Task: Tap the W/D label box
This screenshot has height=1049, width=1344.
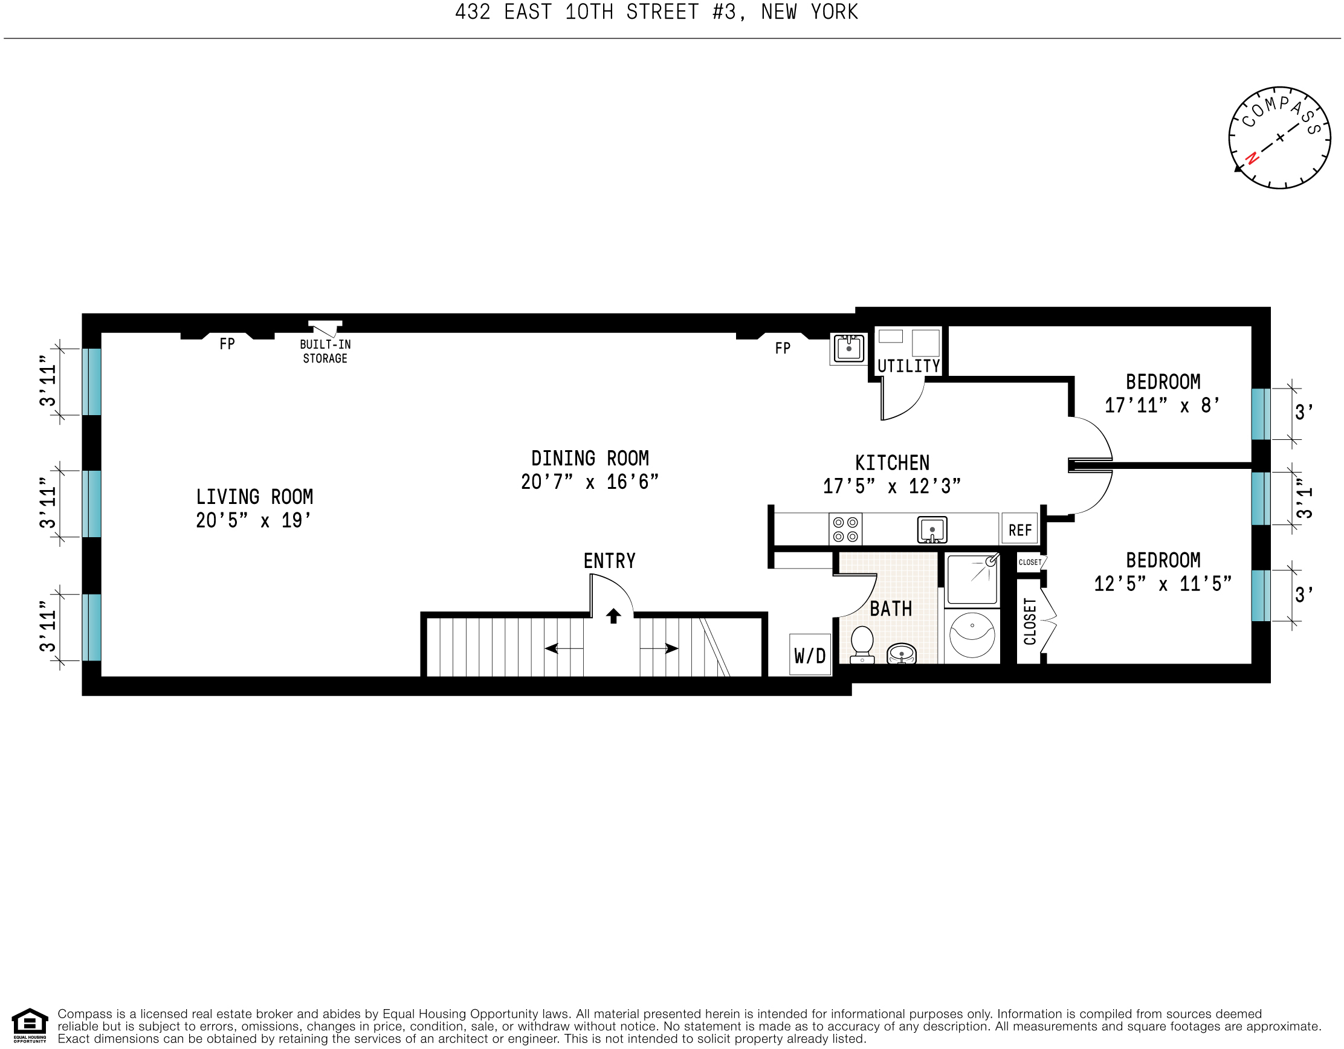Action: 810,655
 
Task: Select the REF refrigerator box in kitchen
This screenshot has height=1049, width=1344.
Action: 1019,530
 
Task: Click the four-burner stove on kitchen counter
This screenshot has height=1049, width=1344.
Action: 845,529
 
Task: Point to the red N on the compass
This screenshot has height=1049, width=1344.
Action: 1252,158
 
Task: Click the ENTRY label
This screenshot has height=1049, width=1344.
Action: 609,561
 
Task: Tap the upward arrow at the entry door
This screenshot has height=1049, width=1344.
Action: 613,615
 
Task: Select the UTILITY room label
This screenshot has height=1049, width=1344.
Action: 908,366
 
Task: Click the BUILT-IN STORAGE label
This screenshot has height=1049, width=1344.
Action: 325,351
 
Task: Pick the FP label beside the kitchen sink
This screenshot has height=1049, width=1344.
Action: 782,349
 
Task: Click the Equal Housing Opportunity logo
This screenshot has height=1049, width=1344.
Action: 30,1024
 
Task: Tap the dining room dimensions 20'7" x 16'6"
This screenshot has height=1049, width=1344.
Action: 590,482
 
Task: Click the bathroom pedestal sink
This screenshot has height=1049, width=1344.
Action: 902,653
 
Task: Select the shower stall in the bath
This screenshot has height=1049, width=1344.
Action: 972,579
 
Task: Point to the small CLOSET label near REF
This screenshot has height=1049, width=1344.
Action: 1030,563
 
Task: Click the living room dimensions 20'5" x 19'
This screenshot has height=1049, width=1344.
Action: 254,520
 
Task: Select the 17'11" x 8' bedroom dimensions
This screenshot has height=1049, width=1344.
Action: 1162,405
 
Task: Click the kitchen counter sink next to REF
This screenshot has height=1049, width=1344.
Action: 932,530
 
